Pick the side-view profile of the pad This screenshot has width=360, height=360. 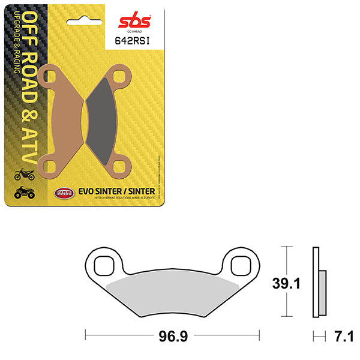pos(317,283)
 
